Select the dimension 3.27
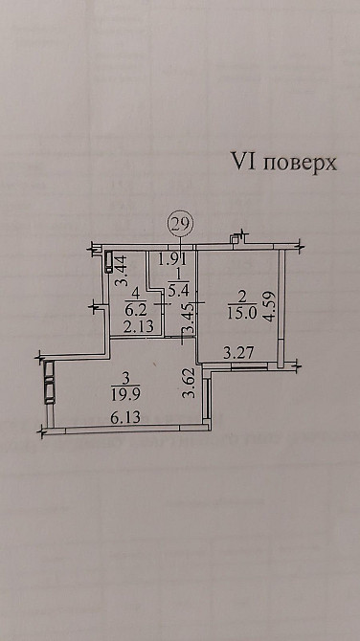(x=238, y=355)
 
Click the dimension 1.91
(x=171, y=257)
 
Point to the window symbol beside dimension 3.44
(x=109, y=260)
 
